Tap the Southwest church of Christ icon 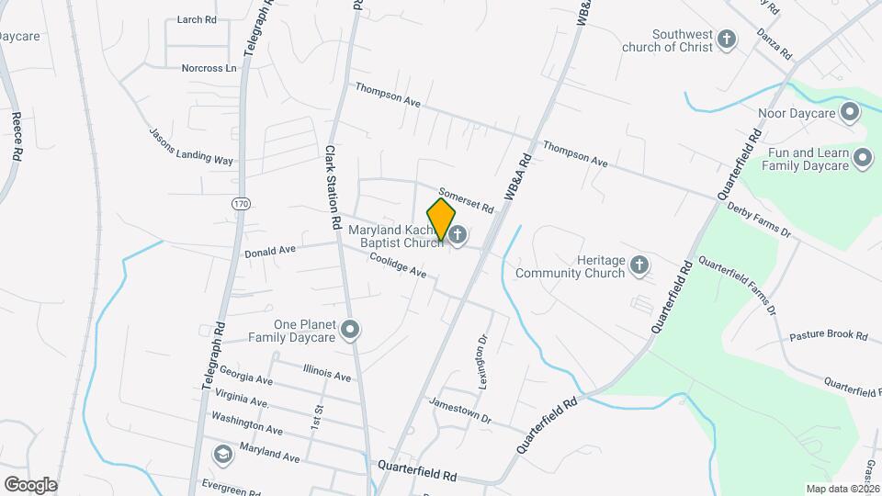(x=727, y=39)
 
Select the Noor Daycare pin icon (x=849, y=113)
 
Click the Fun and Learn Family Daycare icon (x=862, y=159)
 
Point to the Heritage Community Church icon (x=639, y=266)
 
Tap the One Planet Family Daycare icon (x=349, y=329)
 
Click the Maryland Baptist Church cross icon (x=457, y=235)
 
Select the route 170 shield (x=241, y=203)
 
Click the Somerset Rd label (x=466, y=201)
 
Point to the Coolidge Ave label (x=398, y=266)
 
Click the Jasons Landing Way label (x=191, y=146)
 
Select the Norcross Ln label (x=209, y=67)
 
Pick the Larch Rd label (x=197, y=19)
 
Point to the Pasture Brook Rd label (x=829, y=337)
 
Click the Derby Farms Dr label (x=758, y=220)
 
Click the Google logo (x=30, y=484)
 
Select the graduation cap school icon (x=222, y=455)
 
